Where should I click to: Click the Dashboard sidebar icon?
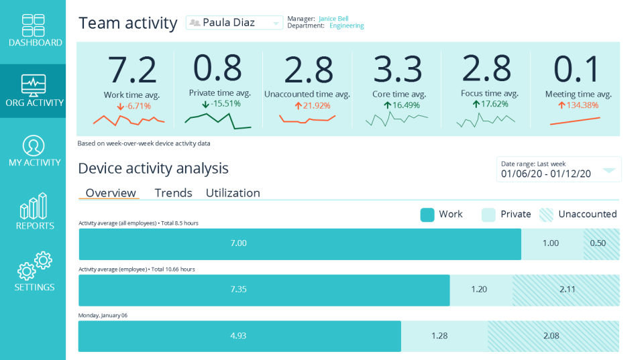pos(33,25)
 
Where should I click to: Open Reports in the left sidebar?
pos(34,206)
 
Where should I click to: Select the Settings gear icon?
pos(34,266)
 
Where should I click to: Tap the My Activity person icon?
pos(34,145)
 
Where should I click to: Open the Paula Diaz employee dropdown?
pos(234,23)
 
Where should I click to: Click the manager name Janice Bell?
pos(333,19)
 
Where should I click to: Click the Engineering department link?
pos(346,26)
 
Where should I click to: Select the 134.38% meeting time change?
pos(578,105)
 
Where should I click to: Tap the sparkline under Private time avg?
pos(218,120)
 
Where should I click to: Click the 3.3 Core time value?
pos(398,69)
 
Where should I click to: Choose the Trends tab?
pos(173,193)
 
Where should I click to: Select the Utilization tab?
pos(233,193)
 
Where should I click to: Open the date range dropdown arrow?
pos(608,170)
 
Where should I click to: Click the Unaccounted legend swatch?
pos(547,215)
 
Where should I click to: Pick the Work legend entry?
pos(441,215)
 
